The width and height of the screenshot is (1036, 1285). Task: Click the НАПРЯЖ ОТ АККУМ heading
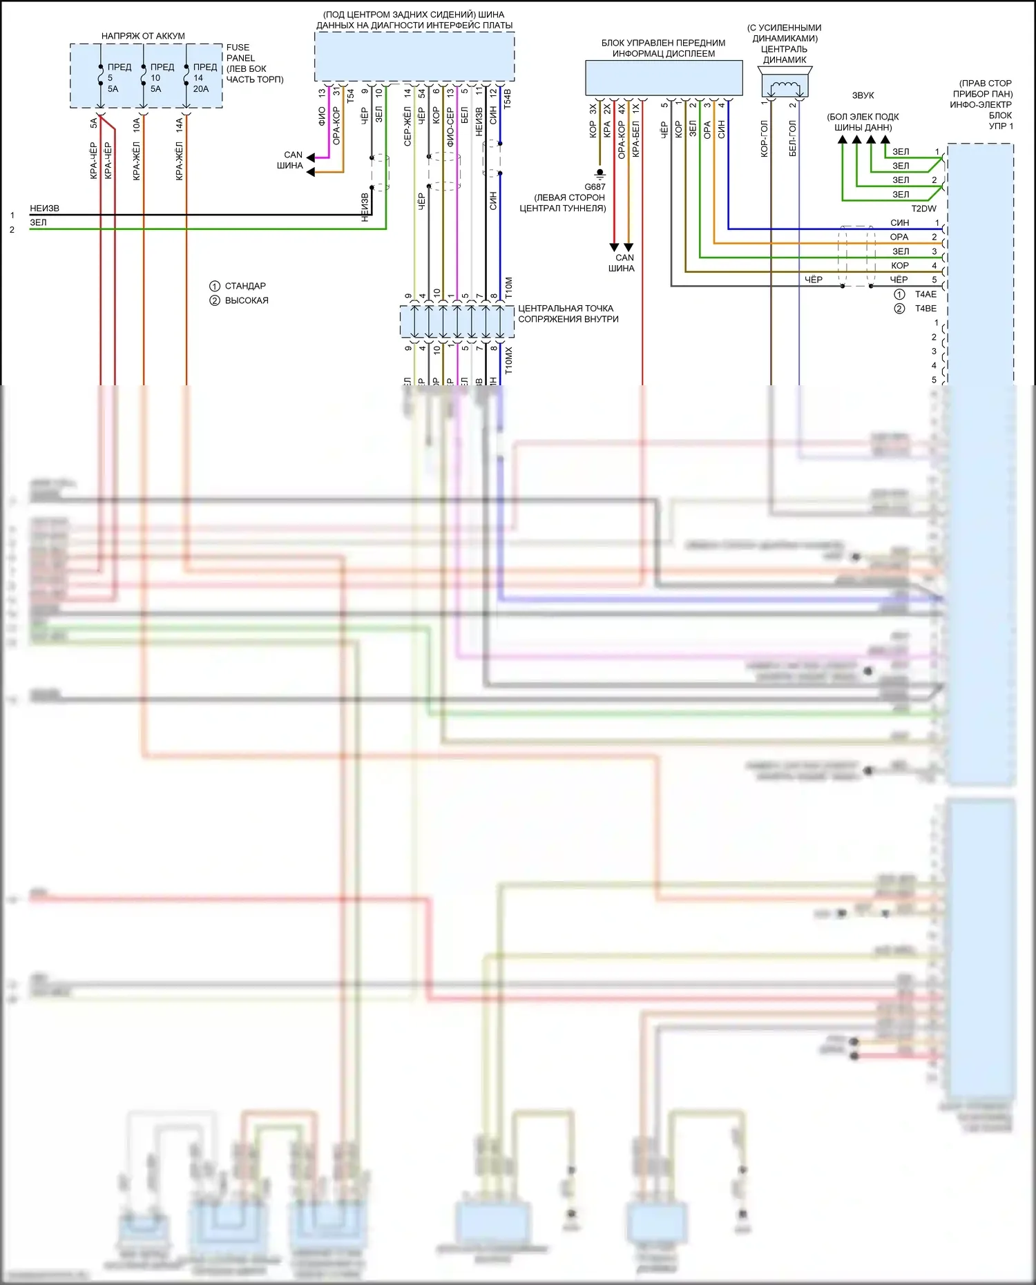(x=143, y=36)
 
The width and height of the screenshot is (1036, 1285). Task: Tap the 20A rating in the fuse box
(x=200, y=89)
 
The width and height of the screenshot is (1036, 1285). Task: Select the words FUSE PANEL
(x=239, y=52)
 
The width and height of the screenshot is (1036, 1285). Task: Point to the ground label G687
(x=595, y=187)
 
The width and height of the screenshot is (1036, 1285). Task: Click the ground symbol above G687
(x=599, y=174)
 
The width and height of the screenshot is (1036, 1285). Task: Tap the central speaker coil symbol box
(x=785, y=87)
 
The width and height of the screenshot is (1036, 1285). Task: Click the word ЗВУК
(x=863, y=95)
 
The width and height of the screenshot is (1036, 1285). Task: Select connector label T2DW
(x=923, y=209)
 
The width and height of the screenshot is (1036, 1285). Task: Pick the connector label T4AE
(x=925, y=294)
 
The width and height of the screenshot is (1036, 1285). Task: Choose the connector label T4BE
(x=925, y=309)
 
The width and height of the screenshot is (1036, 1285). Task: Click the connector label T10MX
(x=509, y=360)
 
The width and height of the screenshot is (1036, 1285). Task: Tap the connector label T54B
(x=508, y=98)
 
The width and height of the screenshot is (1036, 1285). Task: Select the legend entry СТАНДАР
(x=245, y=286)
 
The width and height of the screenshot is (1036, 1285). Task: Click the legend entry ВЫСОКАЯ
(x=247, y=300)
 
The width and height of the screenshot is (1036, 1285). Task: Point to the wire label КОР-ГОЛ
(x=764, y=139)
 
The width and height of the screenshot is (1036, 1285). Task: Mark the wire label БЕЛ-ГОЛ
(x=793, y=139)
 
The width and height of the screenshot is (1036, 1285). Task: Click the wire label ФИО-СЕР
(x=450, y=126)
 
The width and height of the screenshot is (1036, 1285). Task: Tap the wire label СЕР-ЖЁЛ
(x=407, y=126)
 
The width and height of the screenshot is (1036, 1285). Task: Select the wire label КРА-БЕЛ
(x=636, y=140)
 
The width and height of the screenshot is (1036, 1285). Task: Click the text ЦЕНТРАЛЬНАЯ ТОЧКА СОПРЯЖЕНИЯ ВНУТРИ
(x=568, y=313)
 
